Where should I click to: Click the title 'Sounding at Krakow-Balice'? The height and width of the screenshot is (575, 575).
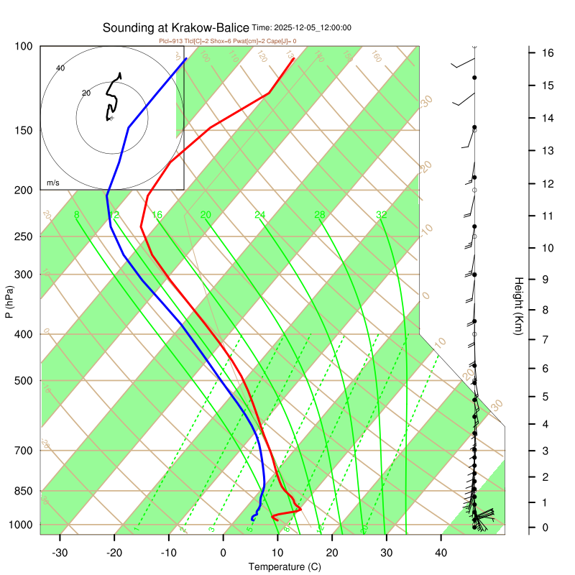pos(176,28)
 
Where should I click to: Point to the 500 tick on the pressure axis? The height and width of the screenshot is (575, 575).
pos(24,381)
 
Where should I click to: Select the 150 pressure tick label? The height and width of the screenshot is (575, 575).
pos(24,130)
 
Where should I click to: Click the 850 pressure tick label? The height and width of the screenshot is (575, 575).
pos(24,491)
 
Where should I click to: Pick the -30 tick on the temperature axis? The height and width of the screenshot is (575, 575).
pos(60,553)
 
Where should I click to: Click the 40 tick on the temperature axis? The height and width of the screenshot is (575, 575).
pos(441,553)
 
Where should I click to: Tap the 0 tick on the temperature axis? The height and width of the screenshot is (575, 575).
pos(224,553)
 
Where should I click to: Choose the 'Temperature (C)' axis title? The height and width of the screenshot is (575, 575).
pos(285,567)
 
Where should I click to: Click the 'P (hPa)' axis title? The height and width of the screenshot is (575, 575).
pos(9,303)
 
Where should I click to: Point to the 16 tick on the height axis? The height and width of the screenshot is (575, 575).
pos(547,52)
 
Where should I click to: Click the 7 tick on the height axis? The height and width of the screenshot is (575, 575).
pos(547,339)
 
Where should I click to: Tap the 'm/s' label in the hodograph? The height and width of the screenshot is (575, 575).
pos(53,183)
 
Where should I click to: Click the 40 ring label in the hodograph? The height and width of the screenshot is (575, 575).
pos(60,68)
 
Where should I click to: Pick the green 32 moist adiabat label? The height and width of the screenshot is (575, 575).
pos(382,215)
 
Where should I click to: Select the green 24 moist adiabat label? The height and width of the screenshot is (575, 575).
pos(260,215)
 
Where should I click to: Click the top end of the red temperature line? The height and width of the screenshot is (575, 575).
pos(294,58)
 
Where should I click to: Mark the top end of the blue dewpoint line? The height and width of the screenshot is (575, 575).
pos(186,58)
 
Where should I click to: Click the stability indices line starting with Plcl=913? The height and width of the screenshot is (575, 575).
pos(227,41)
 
